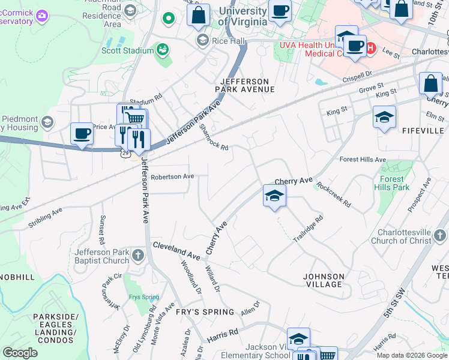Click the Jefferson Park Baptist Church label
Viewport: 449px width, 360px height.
tap(102, 256)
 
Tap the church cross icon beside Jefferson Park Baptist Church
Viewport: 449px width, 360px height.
tap(137, 256)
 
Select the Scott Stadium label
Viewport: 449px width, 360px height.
tap(128, 51)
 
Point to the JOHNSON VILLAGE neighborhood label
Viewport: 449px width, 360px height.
tap(324, 280)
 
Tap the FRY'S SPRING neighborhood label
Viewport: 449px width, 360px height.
tap(205, 312)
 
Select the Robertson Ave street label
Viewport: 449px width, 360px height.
tap(172, 177)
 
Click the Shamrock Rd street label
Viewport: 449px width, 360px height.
tap(214, 138)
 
